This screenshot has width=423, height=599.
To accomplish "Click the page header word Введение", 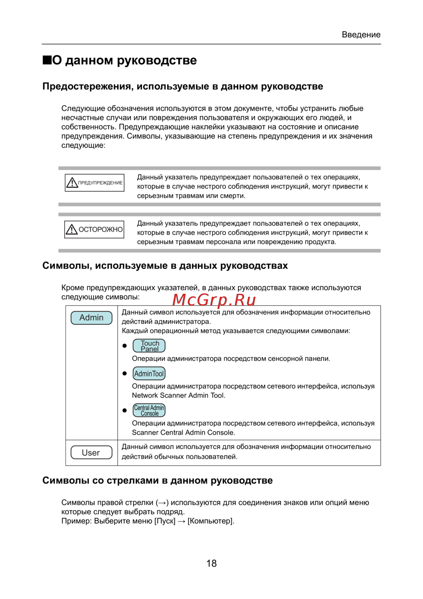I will tap(361, 35).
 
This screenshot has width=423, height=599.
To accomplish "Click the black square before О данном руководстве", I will tap(47, 60).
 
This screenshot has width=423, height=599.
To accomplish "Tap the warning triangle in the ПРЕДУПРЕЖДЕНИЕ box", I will tap(72, 183).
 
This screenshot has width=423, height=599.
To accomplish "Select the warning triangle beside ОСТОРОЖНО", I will tap(71, 229).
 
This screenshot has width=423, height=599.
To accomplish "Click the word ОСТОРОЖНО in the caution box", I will tap(101, 229).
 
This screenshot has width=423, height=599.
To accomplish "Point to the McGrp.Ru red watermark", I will tap(214, 300).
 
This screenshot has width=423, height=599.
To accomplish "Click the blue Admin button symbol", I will tap(91, 317).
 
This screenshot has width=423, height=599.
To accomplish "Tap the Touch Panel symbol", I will tap(149, 346).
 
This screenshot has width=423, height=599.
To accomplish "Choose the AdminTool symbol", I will tap(149, 373).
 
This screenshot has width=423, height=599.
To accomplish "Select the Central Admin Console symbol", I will tap(149, 410).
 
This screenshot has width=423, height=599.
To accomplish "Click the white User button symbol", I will tap(91, 453).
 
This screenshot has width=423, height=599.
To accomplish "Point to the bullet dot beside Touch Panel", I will tap(124, 346).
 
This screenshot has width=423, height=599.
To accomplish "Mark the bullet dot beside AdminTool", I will tap(124, 373).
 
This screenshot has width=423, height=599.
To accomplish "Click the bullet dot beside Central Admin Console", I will tap(124, 410).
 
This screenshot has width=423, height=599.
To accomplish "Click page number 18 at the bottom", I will tap(211, 563).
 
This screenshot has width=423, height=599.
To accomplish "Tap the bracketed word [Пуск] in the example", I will tap(165, 521).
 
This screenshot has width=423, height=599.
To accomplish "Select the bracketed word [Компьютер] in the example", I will tap(210, 521).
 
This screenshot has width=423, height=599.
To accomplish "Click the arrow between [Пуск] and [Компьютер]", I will tap(181, 521).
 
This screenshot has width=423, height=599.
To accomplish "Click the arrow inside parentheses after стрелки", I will tap(162, 503).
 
